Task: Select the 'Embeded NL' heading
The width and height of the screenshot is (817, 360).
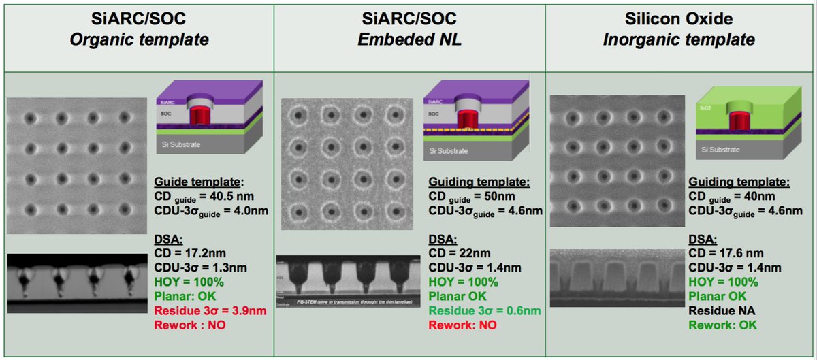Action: [x=409, y=39]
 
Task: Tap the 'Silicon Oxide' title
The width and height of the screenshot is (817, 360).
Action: [x=679, y=18]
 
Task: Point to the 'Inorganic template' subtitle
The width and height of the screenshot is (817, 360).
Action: [x=679, y=39]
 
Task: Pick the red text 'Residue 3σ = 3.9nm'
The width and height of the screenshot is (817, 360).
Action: [x=209, y=311]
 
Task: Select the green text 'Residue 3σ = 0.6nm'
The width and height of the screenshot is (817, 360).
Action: [x=484, y=311]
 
